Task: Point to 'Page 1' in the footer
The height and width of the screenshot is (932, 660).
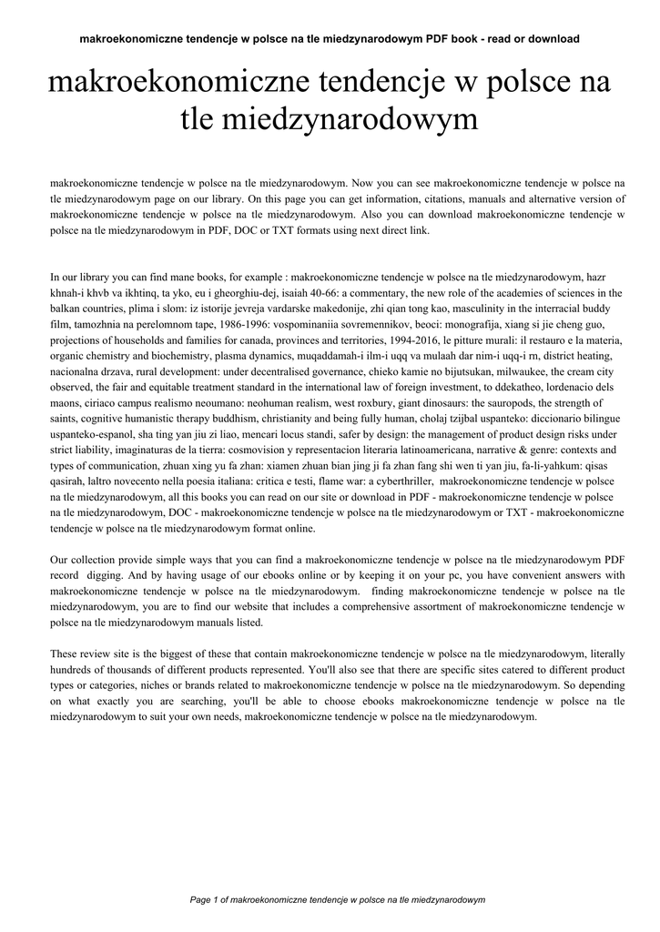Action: click(x=204, y=899)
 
